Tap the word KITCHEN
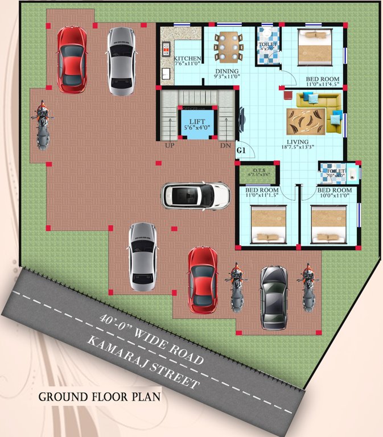coord(187,59)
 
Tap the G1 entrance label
coord(241,151)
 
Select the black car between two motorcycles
coord(274,296)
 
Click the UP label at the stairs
coord(170,146)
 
